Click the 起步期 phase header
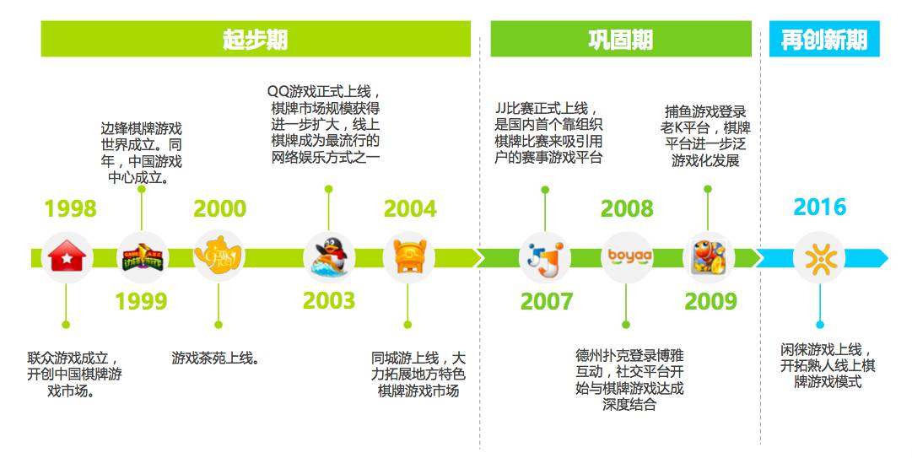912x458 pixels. (x=256, y=40)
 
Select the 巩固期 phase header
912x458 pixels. (x=620, y=40)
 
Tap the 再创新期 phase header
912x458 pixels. (x=823, y=40)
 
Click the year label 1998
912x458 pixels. (x=71, y=208)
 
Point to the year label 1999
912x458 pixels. (x=141, y=301)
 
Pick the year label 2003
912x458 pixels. (x=329, y=301)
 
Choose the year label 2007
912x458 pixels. (x=547, y=301)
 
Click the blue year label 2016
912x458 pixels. (x=819, y=207)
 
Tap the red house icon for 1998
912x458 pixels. (x=67, y=257)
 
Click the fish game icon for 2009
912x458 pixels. (x=709, y=257)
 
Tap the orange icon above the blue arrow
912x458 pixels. (x=819, y=257)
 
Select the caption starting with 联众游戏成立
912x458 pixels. (x=74, y=374)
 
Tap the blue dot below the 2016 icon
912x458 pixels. (x=819, y=324)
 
